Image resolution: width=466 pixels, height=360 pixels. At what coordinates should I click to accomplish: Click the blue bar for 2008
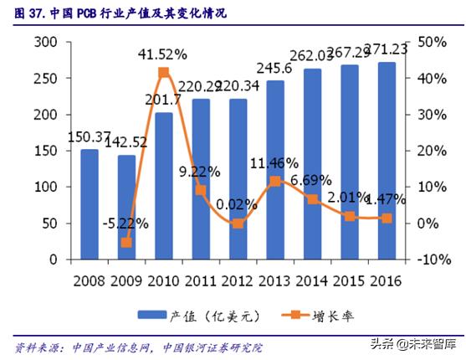coord(90,204)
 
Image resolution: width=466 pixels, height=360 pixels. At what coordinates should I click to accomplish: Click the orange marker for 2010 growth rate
coord(164,73)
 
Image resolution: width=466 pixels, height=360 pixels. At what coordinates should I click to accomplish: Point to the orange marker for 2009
coord(126,242)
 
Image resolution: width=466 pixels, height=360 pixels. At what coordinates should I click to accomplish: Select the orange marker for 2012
coord(238,224)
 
